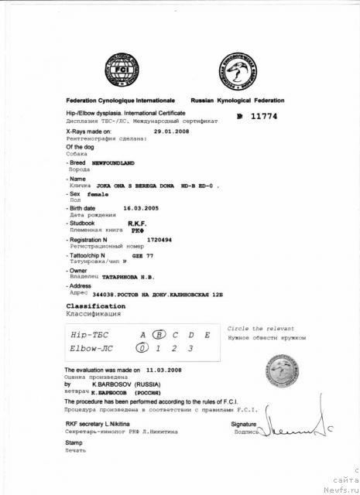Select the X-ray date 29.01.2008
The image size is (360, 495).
click(171, 131)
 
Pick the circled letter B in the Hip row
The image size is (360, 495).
click(159, 335)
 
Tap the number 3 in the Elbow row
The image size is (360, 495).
click(192, 349)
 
